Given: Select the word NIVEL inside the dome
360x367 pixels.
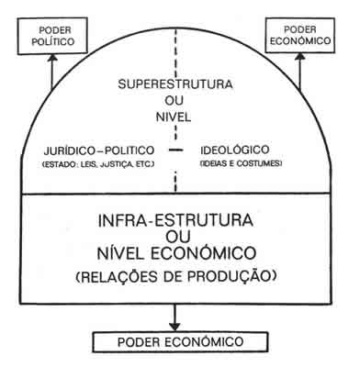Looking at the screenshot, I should point(174,118).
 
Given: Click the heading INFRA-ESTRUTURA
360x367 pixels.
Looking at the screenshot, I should point(175,222).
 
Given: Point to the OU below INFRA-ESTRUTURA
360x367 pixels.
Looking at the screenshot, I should point(175,240).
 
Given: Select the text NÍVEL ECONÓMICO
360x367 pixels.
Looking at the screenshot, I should point(175,259).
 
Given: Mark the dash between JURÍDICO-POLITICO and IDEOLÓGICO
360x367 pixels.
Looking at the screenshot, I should point(175,150).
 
